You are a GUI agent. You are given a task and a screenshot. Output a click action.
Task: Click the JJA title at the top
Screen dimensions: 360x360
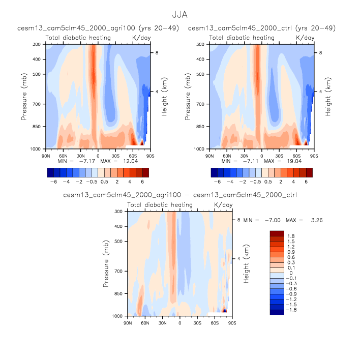pos(180,15)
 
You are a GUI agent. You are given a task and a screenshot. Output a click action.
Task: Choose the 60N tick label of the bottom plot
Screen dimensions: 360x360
pos(145,321)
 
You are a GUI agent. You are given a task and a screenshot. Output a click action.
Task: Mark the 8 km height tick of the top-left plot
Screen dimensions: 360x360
pos(157,52)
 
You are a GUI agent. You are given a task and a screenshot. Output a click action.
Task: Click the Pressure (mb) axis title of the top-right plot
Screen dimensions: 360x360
pos(188,97)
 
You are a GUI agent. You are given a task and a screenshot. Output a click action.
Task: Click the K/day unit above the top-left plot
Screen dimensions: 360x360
pos(141,38)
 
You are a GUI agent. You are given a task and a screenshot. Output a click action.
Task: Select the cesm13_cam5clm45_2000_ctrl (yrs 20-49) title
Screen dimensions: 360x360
pos(262,27)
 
